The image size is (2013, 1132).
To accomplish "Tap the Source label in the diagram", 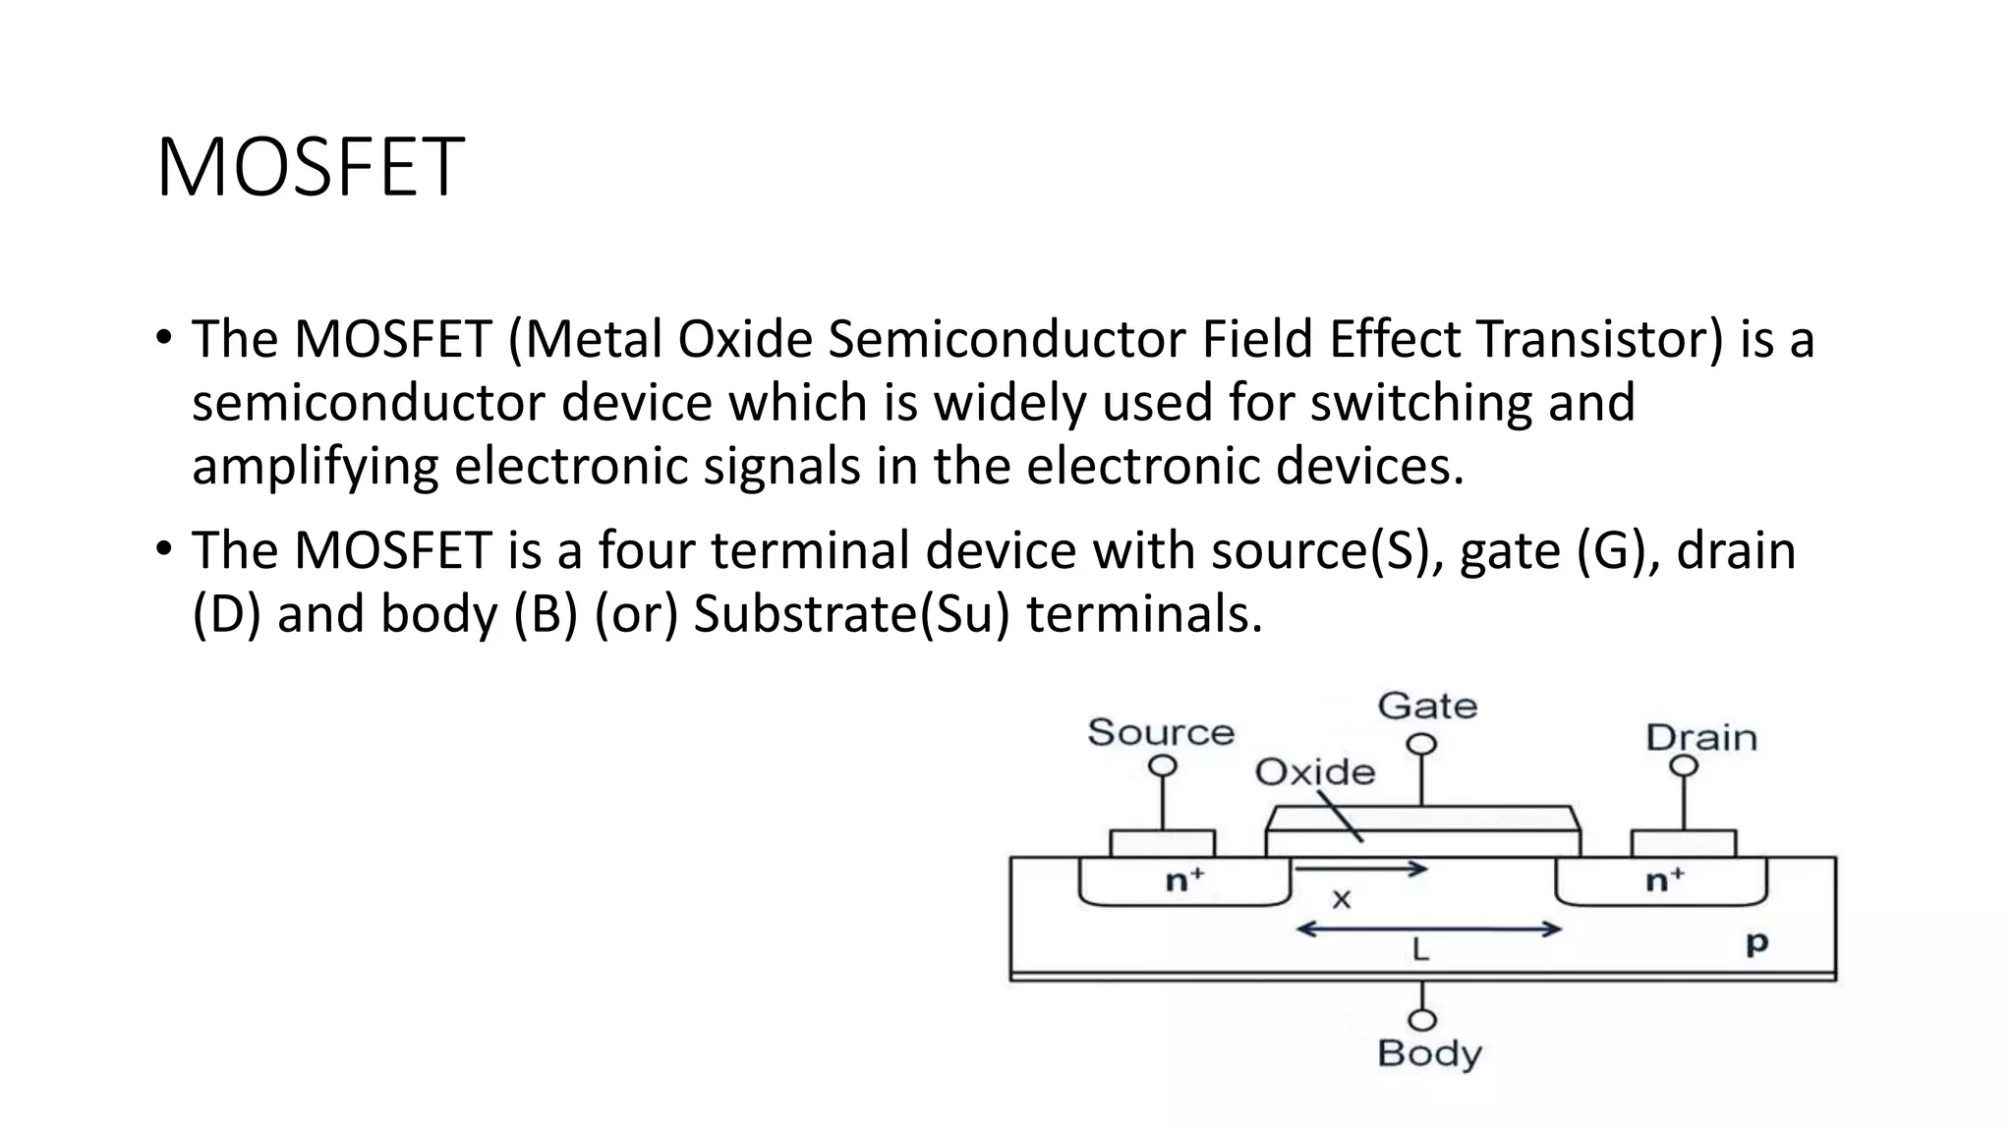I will click(x=1160, y=732).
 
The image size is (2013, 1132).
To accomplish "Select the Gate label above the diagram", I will click(x=1427, y=706).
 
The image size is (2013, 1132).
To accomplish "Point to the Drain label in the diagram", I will click(x=1700, y=737).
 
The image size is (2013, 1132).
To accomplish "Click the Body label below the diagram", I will click(x=1429, y=1053).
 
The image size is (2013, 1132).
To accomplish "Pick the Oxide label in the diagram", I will click(x=1314, y=772).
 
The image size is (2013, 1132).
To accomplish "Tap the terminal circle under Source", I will click(x=1163, y=765).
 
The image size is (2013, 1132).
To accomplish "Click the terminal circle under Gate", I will click(x=1421, y=745).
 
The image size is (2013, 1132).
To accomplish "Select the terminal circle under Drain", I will click(x=1684, y=765).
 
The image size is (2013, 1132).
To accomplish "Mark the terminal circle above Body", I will click(x=1422, y=1020).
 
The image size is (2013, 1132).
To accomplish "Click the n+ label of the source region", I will click(x=1184, y=880).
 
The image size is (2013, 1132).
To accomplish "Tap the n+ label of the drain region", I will click(x=1665, y=879).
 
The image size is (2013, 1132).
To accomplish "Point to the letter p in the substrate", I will click(x=1756, y=943).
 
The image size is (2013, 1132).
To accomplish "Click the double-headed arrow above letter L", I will click(x=1428, y=929).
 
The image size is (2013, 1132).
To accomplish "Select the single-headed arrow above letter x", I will click(x=1361, y=869).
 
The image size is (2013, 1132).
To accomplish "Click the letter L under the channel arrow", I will click(x=1420, y=950).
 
